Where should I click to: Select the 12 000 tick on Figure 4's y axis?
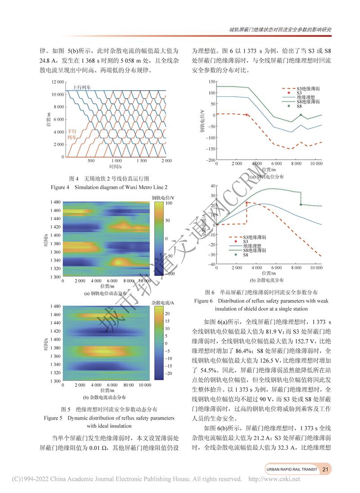(58, 82)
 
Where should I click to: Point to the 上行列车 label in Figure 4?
(81, 87)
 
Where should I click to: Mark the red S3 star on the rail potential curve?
(247, 115)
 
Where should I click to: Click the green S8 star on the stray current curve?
(301, 204)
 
